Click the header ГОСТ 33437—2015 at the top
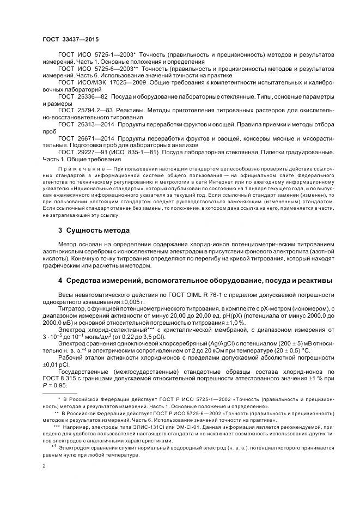click(x=68, y=39)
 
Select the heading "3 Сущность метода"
click(x=94, y=230)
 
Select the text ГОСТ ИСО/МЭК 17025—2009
click(x=102, y=82)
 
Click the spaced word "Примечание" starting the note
click(x=80, y=169)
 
